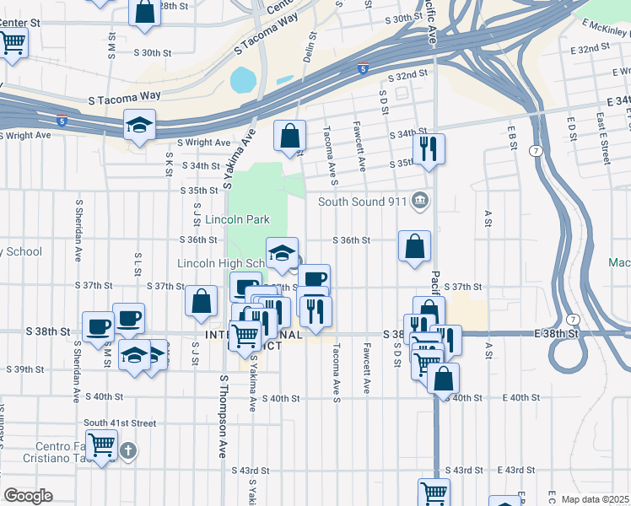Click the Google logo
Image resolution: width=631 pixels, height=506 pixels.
(28, 496)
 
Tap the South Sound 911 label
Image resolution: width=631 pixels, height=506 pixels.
(362, 202)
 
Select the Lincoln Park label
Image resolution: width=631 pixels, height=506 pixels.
(238, 220)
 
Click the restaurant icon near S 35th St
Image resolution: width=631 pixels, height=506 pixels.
(430, 148)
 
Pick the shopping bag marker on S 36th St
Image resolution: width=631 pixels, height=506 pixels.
(414, 246)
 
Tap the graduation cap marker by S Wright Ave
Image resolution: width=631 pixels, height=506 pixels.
(139, 126)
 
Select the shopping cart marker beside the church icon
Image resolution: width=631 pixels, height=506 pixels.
(102, 444)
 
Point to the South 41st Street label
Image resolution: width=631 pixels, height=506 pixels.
(120, 423)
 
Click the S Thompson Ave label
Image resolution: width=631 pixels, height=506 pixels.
(224, 416)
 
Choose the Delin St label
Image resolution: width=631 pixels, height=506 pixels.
(309, 47)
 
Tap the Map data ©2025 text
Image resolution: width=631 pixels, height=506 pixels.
(595, 499)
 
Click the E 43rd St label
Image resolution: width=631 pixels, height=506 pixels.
(516, 470)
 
